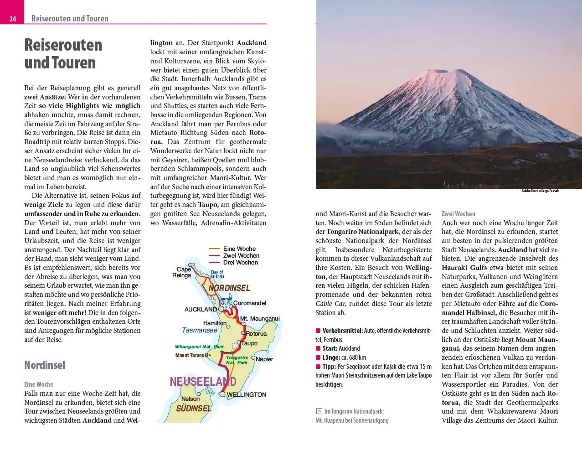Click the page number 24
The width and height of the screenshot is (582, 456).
[x=13, y=19]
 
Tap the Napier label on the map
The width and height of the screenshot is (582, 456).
[x=264, y=359]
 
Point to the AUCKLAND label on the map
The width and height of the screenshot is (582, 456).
[x=201, y=309]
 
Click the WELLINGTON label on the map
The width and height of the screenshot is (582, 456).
[x=246, y=394]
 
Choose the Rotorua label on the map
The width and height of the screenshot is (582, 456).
[x=256, y=334]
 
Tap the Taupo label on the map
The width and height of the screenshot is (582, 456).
[x=249, y=343]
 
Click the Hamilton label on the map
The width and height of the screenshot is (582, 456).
[x=215, y=323]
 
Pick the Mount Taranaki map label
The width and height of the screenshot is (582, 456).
[x=192, y=355]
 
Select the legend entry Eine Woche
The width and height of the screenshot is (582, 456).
[x=239, y=249]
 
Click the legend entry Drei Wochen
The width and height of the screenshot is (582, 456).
[x=241, y=263]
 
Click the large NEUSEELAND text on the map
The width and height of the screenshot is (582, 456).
[x=203, y=381]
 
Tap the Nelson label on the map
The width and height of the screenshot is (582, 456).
[x=191, y=399]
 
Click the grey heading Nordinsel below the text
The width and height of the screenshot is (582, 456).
[x=45, y=365]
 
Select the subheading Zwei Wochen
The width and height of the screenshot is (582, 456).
[x=458, y=213]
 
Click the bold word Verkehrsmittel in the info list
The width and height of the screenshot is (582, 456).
[x=342, y=331]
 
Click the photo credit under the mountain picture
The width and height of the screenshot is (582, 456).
[x=540, y=191]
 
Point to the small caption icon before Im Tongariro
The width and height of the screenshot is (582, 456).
[x=319, y=411]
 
